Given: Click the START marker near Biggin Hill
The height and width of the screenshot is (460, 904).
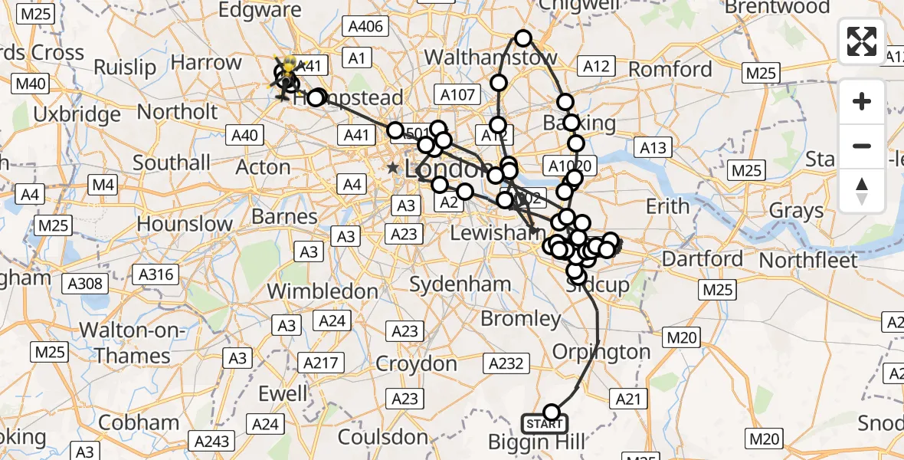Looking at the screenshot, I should click(545, 423).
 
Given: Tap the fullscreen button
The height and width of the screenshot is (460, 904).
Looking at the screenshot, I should click(862, 41).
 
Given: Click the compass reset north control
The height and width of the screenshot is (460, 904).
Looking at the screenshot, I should click(862, 191).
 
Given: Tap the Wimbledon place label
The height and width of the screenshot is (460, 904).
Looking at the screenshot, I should click(323, 291).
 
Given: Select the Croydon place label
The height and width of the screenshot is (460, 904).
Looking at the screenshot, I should click(416, 363).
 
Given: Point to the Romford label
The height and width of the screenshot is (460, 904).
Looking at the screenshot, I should click(670, 70).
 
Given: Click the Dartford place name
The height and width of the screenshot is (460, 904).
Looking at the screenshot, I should click(703, 259).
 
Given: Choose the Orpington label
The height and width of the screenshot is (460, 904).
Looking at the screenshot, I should click(601, 352).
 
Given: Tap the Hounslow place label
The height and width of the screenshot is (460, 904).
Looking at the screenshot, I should click(185, 225).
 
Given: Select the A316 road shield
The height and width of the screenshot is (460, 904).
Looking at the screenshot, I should click(156, 274).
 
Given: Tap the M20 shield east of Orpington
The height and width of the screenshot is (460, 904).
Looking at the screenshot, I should click(681, 337).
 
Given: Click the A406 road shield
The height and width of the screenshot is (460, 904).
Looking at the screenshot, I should click(365, 27).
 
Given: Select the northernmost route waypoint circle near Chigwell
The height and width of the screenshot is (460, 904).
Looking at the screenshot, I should click(523, 38).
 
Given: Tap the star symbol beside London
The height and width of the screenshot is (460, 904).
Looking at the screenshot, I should click(393, 167).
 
